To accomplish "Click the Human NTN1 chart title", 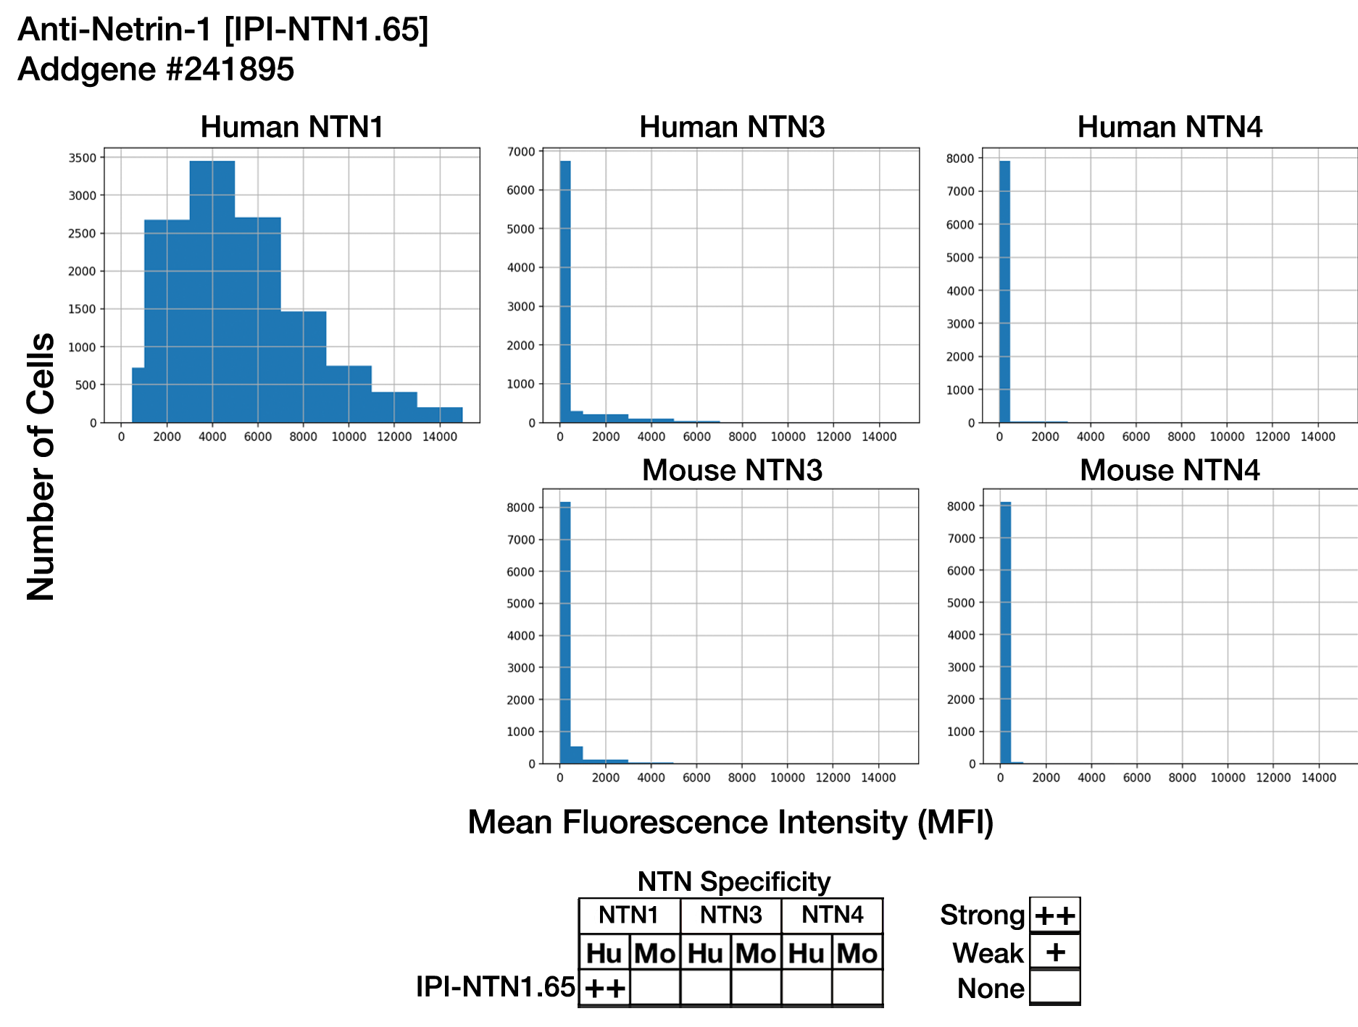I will (x=291, y=127).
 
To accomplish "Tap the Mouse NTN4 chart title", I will (x=1169, y=471).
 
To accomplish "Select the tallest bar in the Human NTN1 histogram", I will (x=212, y=290).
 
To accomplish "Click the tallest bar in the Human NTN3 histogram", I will (x=565, y=290).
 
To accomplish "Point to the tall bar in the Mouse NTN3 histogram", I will (x=565, y=630).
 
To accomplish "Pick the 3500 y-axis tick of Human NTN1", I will (x=82, y=158).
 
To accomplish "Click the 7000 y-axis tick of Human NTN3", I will (x=522, y=151).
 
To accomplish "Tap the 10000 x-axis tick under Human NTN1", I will (x=349, y=437).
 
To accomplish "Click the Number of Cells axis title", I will (x=41, y=467).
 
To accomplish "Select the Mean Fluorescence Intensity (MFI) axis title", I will (x=730, y=823).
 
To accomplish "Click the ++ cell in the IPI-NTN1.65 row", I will (x=604, y=988).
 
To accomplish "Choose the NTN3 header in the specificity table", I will (x=730, y=915).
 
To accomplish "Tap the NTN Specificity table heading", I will (x=733, y=882).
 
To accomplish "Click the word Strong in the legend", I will (x=982, y=915).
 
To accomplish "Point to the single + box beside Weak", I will (x=1055, y=952).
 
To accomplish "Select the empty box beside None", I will (x=1055, y=986).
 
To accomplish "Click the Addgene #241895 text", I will (x=156, y=70).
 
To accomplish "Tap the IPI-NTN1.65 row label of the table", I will (x=495, y=987).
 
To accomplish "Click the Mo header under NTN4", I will (x=857, y=953).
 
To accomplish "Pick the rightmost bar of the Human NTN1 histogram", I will (x=439, y=415).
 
